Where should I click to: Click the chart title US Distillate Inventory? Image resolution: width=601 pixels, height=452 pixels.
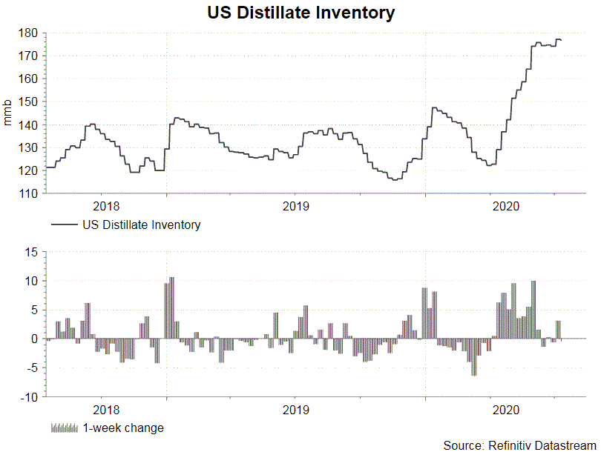300,13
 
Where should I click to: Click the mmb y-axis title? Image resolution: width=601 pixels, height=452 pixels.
8,113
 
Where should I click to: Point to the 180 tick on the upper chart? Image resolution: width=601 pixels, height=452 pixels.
30,33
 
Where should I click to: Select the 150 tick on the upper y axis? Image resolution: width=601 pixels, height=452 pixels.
30,102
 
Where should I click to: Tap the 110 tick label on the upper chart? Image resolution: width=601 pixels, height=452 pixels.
30,193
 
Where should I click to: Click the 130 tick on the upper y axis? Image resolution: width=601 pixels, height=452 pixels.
30,147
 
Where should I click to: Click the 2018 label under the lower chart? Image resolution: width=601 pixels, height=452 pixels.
108,409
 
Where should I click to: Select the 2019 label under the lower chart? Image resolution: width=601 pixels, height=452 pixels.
296,409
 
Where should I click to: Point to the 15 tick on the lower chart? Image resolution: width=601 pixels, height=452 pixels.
32,252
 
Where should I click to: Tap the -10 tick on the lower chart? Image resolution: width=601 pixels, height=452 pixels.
28,397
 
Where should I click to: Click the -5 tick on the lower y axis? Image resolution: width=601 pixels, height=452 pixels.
31,368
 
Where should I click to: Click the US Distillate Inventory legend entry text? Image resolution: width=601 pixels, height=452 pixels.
141,225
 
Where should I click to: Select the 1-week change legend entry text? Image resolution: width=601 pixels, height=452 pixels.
123,428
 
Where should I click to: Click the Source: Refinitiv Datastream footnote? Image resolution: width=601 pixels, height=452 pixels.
519,445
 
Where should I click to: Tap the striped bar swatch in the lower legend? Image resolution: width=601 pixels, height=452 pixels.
65,428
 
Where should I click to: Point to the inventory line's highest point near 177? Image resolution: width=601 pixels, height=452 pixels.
558,39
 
